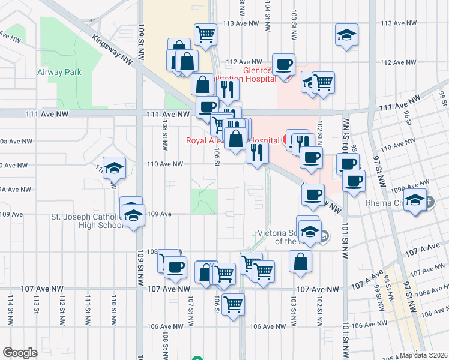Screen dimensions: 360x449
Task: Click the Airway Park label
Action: click(59, 73)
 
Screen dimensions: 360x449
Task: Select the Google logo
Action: click(20, 353)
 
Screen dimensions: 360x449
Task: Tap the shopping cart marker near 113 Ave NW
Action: click(206, 34)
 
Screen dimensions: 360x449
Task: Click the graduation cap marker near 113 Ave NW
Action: click(346, 34)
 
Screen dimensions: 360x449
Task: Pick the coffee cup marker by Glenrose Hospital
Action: click(283, 64)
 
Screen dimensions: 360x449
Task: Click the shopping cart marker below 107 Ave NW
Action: click(233, 303)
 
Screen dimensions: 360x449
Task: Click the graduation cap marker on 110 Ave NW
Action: click(113, 170)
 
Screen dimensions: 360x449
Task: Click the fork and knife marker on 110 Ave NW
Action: click(256, 152)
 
